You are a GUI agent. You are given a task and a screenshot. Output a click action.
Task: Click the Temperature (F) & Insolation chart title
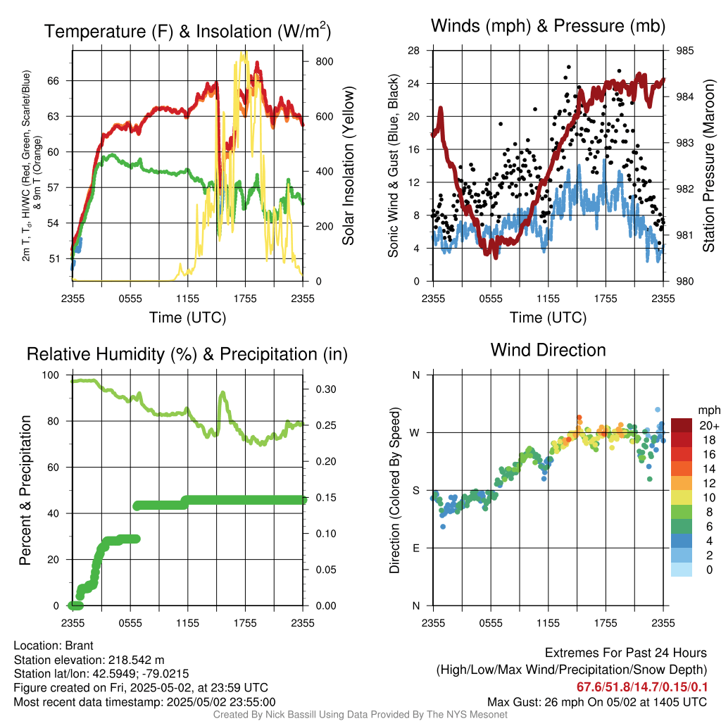[x=187, y=32]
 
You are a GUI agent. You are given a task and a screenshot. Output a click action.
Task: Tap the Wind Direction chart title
[x=548, y=350]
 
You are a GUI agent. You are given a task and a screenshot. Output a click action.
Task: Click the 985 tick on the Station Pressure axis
[x=684, y=51]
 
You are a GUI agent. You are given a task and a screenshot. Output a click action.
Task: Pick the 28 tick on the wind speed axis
[x=415, y=51]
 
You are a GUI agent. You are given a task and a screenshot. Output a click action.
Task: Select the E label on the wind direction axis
[x=416, y=548]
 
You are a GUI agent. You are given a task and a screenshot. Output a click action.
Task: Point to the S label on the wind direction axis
[x=416, y=490]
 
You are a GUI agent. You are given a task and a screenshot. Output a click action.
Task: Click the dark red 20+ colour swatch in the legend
[x=682, y=425]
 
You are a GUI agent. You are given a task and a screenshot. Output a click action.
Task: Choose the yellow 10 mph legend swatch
[x=682, y=497]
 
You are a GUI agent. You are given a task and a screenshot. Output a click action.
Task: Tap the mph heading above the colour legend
[x=707, y=410]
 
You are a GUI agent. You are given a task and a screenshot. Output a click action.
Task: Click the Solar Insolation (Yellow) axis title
[x=348, y=166]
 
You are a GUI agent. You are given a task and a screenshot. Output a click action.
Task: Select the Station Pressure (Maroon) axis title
[x=709, y=166]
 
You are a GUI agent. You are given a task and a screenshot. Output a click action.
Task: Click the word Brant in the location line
[x=80, y=646]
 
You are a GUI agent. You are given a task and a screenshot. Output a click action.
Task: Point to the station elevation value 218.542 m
[x=136, y=660]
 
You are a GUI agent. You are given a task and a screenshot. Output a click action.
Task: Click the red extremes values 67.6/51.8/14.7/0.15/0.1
[x=642, y=687]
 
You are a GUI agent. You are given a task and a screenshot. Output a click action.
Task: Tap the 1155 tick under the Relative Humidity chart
[x=187, y=622]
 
